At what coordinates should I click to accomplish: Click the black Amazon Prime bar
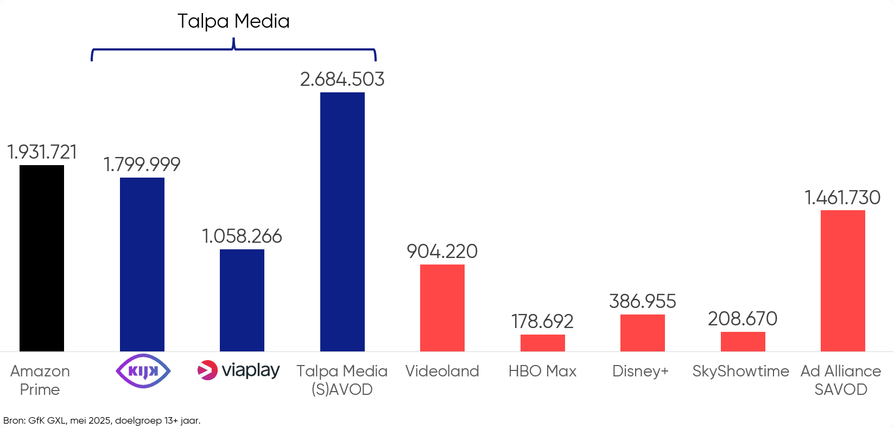click(42, 258)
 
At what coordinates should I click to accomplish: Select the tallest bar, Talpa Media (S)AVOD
click(342, 222)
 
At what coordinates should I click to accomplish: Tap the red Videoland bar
click(442, 307)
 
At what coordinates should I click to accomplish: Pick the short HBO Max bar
click(542, 343)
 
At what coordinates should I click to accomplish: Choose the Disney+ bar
click(642, 332)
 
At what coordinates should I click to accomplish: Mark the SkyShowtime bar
click(743, 341)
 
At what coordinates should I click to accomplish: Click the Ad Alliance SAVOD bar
click(842, 280)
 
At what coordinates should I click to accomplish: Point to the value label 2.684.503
click(342, 79)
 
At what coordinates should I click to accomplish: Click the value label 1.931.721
click(42, 152)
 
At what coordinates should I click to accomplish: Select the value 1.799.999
click(142, 164)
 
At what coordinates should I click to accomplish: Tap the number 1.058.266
click(242, 236)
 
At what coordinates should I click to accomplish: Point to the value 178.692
click(542, 322)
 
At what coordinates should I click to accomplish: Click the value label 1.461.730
click(842, 198)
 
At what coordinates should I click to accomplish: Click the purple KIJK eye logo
click(143, 371)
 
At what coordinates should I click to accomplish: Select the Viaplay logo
click(239, 370)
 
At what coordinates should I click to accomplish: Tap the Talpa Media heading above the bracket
click(233, 21)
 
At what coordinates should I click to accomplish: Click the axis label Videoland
click(442, 371)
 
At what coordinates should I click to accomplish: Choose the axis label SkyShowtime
click(740, 371)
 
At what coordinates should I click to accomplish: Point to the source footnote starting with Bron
click(102, 420)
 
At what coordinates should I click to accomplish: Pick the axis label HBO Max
click(542, 371)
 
